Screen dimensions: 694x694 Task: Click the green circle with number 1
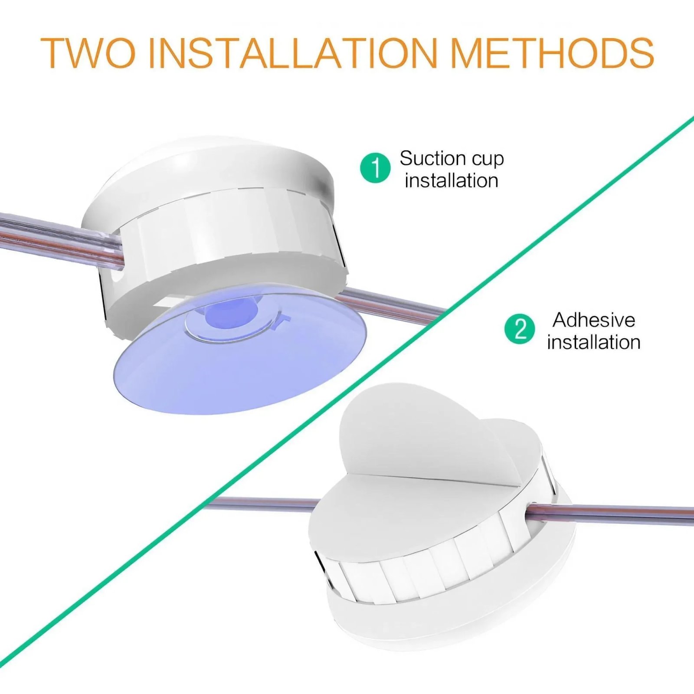tap(376, 167)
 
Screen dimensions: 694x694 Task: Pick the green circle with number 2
tap(520, 329)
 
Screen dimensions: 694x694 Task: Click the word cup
tap(488, 159)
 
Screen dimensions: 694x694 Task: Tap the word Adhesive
tap(593, 320)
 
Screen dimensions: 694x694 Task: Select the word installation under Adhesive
tap(593, 342)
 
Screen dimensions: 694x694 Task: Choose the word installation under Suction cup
tap(451, 180)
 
